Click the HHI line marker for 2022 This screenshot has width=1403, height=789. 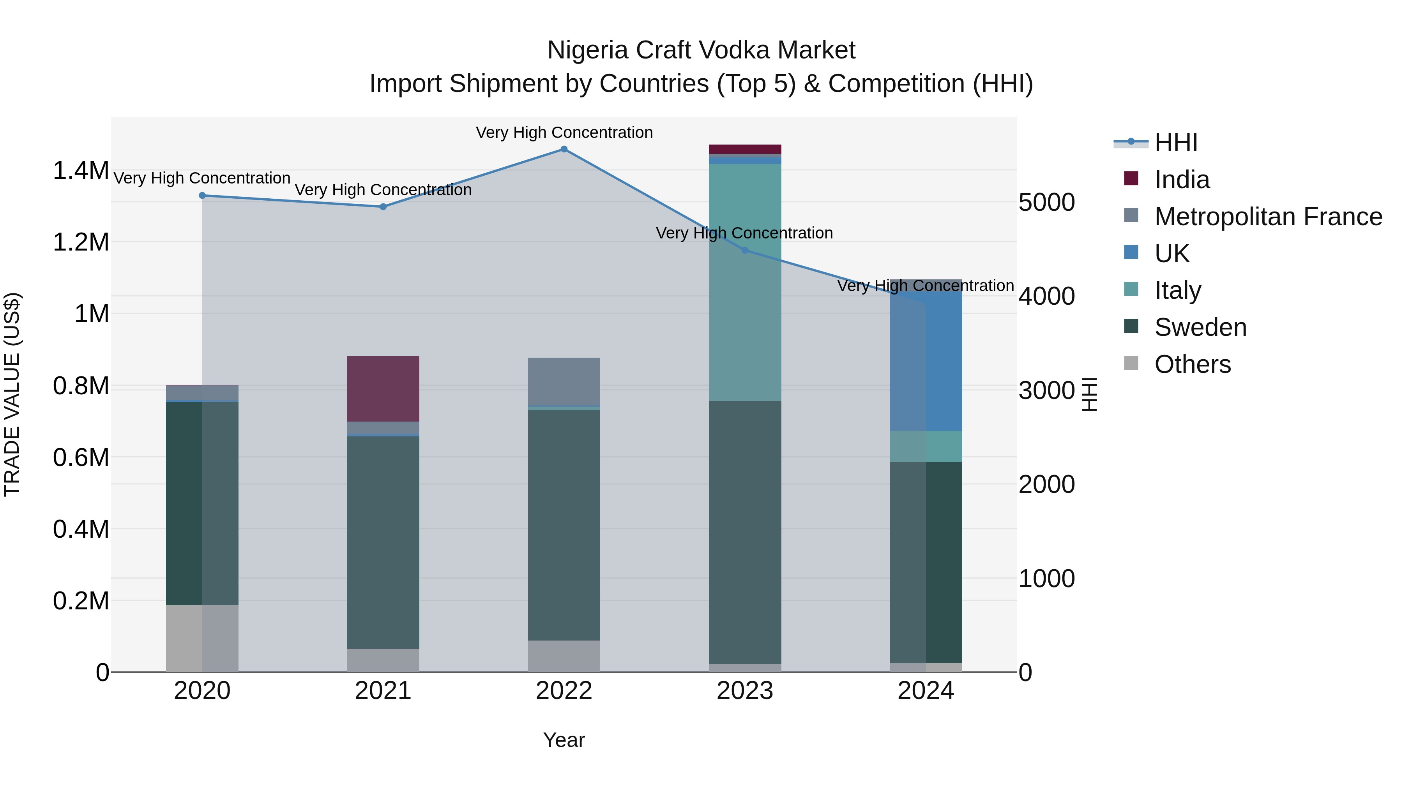tap(564, 149)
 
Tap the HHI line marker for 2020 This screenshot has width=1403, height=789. tap(202, 196)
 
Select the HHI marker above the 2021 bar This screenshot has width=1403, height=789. tap(383, 207)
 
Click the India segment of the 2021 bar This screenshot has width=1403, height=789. tap(383, 389)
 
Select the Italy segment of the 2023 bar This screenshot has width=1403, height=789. tap(745, 282)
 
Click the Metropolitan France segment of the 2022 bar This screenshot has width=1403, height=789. tap(564, 381)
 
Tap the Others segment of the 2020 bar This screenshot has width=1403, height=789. tap(202, 638)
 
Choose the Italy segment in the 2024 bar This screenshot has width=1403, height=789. tap(926, 447)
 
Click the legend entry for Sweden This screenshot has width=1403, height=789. tap(1200, 327)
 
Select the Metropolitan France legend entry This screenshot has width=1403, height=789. tap(1268, 217)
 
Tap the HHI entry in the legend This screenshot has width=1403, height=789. tap(1175, 143)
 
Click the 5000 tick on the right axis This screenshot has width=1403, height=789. tap(1046, 203)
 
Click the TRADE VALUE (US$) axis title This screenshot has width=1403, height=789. tap(12, 394)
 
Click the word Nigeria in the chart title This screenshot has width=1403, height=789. tap(588, 50)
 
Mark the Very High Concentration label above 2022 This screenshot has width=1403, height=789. tap(564, 133)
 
